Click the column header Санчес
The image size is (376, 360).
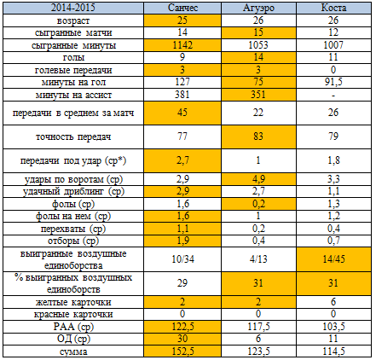[x=182, y=8]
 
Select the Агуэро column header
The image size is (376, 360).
[x=258, y=8]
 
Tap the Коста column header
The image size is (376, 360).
[x=333, y=8]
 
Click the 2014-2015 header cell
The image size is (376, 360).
[x=73, y=8]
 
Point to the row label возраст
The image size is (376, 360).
[x=73, y=20]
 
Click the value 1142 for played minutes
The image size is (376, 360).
[x=182, y=45]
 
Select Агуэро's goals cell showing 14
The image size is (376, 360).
[x=258, y=57]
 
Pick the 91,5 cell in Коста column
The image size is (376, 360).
[x=333, y=82]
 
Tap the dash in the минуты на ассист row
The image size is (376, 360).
[x=333, y=96]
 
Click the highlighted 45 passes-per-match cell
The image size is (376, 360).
[x=182, y=113]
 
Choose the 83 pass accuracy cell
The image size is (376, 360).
[x=258, y=136]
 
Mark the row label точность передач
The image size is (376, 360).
[x=73, y=137]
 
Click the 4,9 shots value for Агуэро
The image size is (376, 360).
[x=258, y=179]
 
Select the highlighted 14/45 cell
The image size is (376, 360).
[x=333, y=259]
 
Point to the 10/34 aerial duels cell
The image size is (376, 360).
[x=182, y=259]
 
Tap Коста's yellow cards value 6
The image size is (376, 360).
[x=333, y=302]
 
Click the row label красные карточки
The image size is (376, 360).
[x=73, y=315]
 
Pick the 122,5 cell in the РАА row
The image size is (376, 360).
[x=182, y=327]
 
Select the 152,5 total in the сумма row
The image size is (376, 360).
[x=182, y=351]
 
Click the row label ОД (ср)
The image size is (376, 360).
[x=73, y=340]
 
